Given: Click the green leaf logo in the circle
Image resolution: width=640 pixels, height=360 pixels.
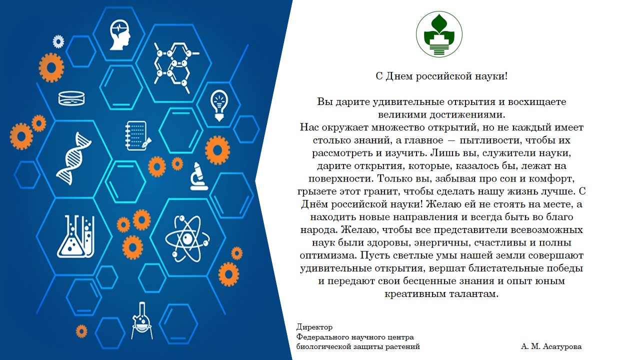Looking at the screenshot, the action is [x=439, y=34].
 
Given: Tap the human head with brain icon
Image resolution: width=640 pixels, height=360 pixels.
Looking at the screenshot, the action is [x=120, y=35].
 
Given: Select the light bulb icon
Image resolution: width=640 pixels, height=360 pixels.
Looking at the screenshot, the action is [x=219, y=105].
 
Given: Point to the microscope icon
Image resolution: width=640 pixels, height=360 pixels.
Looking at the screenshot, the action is [x=199, y=176].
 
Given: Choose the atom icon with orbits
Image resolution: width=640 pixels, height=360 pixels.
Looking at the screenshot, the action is [x=187, y=238].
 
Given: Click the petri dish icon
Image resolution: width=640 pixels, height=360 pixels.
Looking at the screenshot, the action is [x=71, y=98].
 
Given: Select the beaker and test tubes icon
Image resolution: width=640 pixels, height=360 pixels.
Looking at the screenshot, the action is [x=75, y=237].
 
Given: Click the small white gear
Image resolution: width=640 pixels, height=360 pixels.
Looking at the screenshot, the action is [x=58, y=41].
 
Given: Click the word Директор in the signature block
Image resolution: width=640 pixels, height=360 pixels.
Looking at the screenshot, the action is [x=314, y=327].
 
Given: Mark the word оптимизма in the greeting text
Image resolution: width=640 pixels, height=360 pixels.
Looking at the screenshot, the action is [x=328, y=255].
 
